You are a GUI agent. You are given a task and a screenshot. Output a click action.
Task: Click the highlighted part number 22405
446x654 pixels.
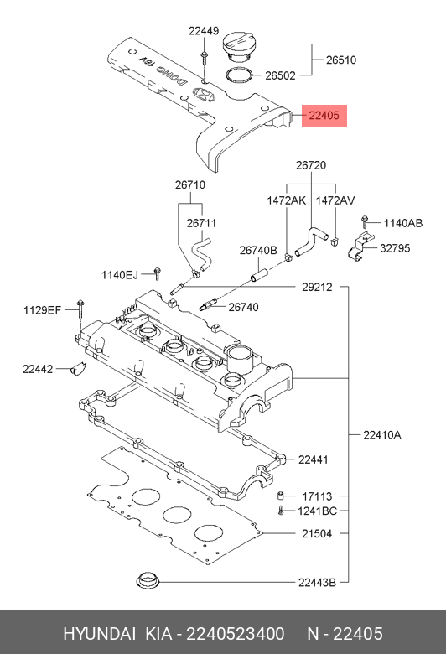tap(324, 116)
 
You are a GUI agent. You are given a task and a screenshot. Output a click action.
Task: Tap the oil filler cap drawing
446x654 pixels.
tap(239, 48)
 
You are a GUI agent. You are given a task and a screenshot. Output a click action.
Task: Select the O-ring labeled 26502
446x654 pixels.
tap(240, 75)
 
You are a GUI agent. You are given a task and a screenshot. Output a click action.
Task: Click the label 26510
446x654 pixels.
tap(341, 60)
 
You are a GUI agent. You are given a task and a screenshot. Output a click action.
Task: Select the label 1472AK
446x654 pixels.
tap(286, 200)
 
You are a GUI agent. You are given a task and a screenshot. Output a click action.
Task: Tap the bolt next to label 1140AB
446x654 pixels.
tap(365, 222)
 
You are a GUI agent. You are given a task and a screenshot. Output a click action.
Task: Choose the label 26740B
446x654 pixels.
tap(258, 250)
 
